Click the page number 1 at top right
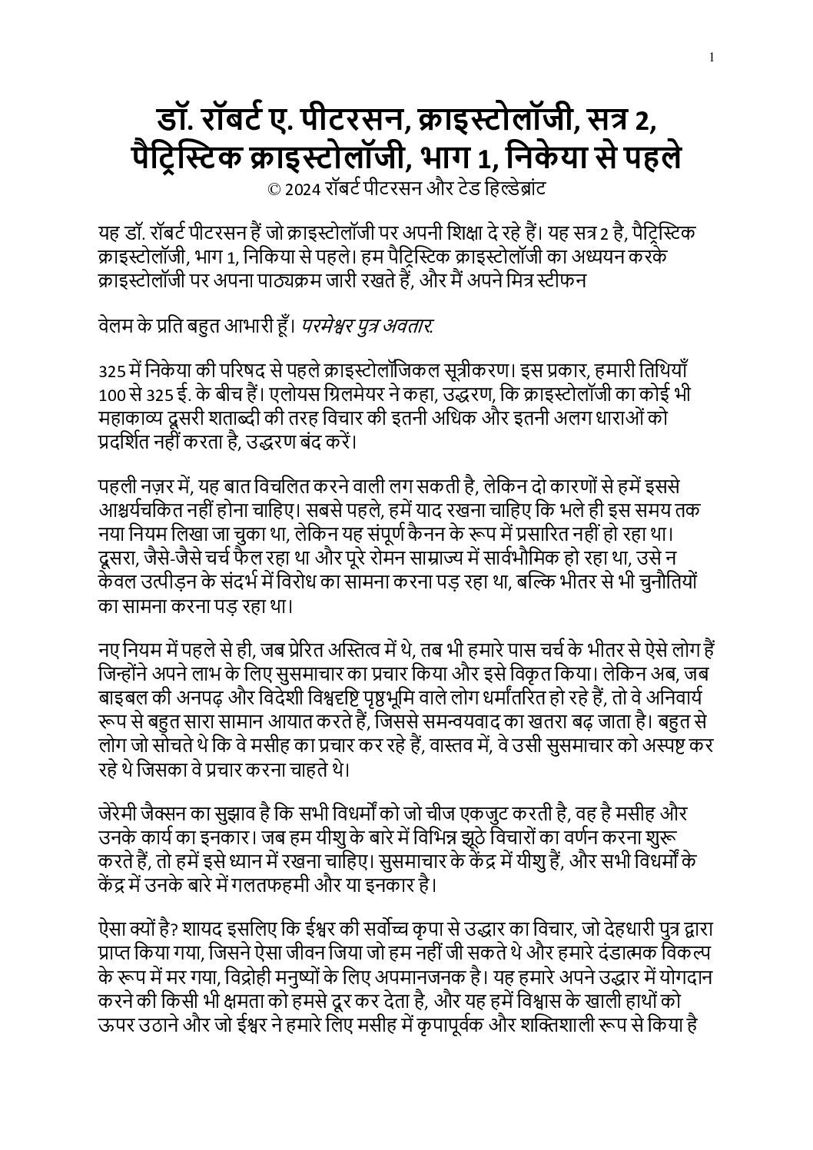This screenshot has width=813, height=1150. (713, 56)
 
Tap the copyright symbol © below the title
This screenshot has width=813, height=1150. (272, 187)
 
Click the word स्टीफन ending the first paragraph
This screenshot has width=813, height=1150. (562, 280)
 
